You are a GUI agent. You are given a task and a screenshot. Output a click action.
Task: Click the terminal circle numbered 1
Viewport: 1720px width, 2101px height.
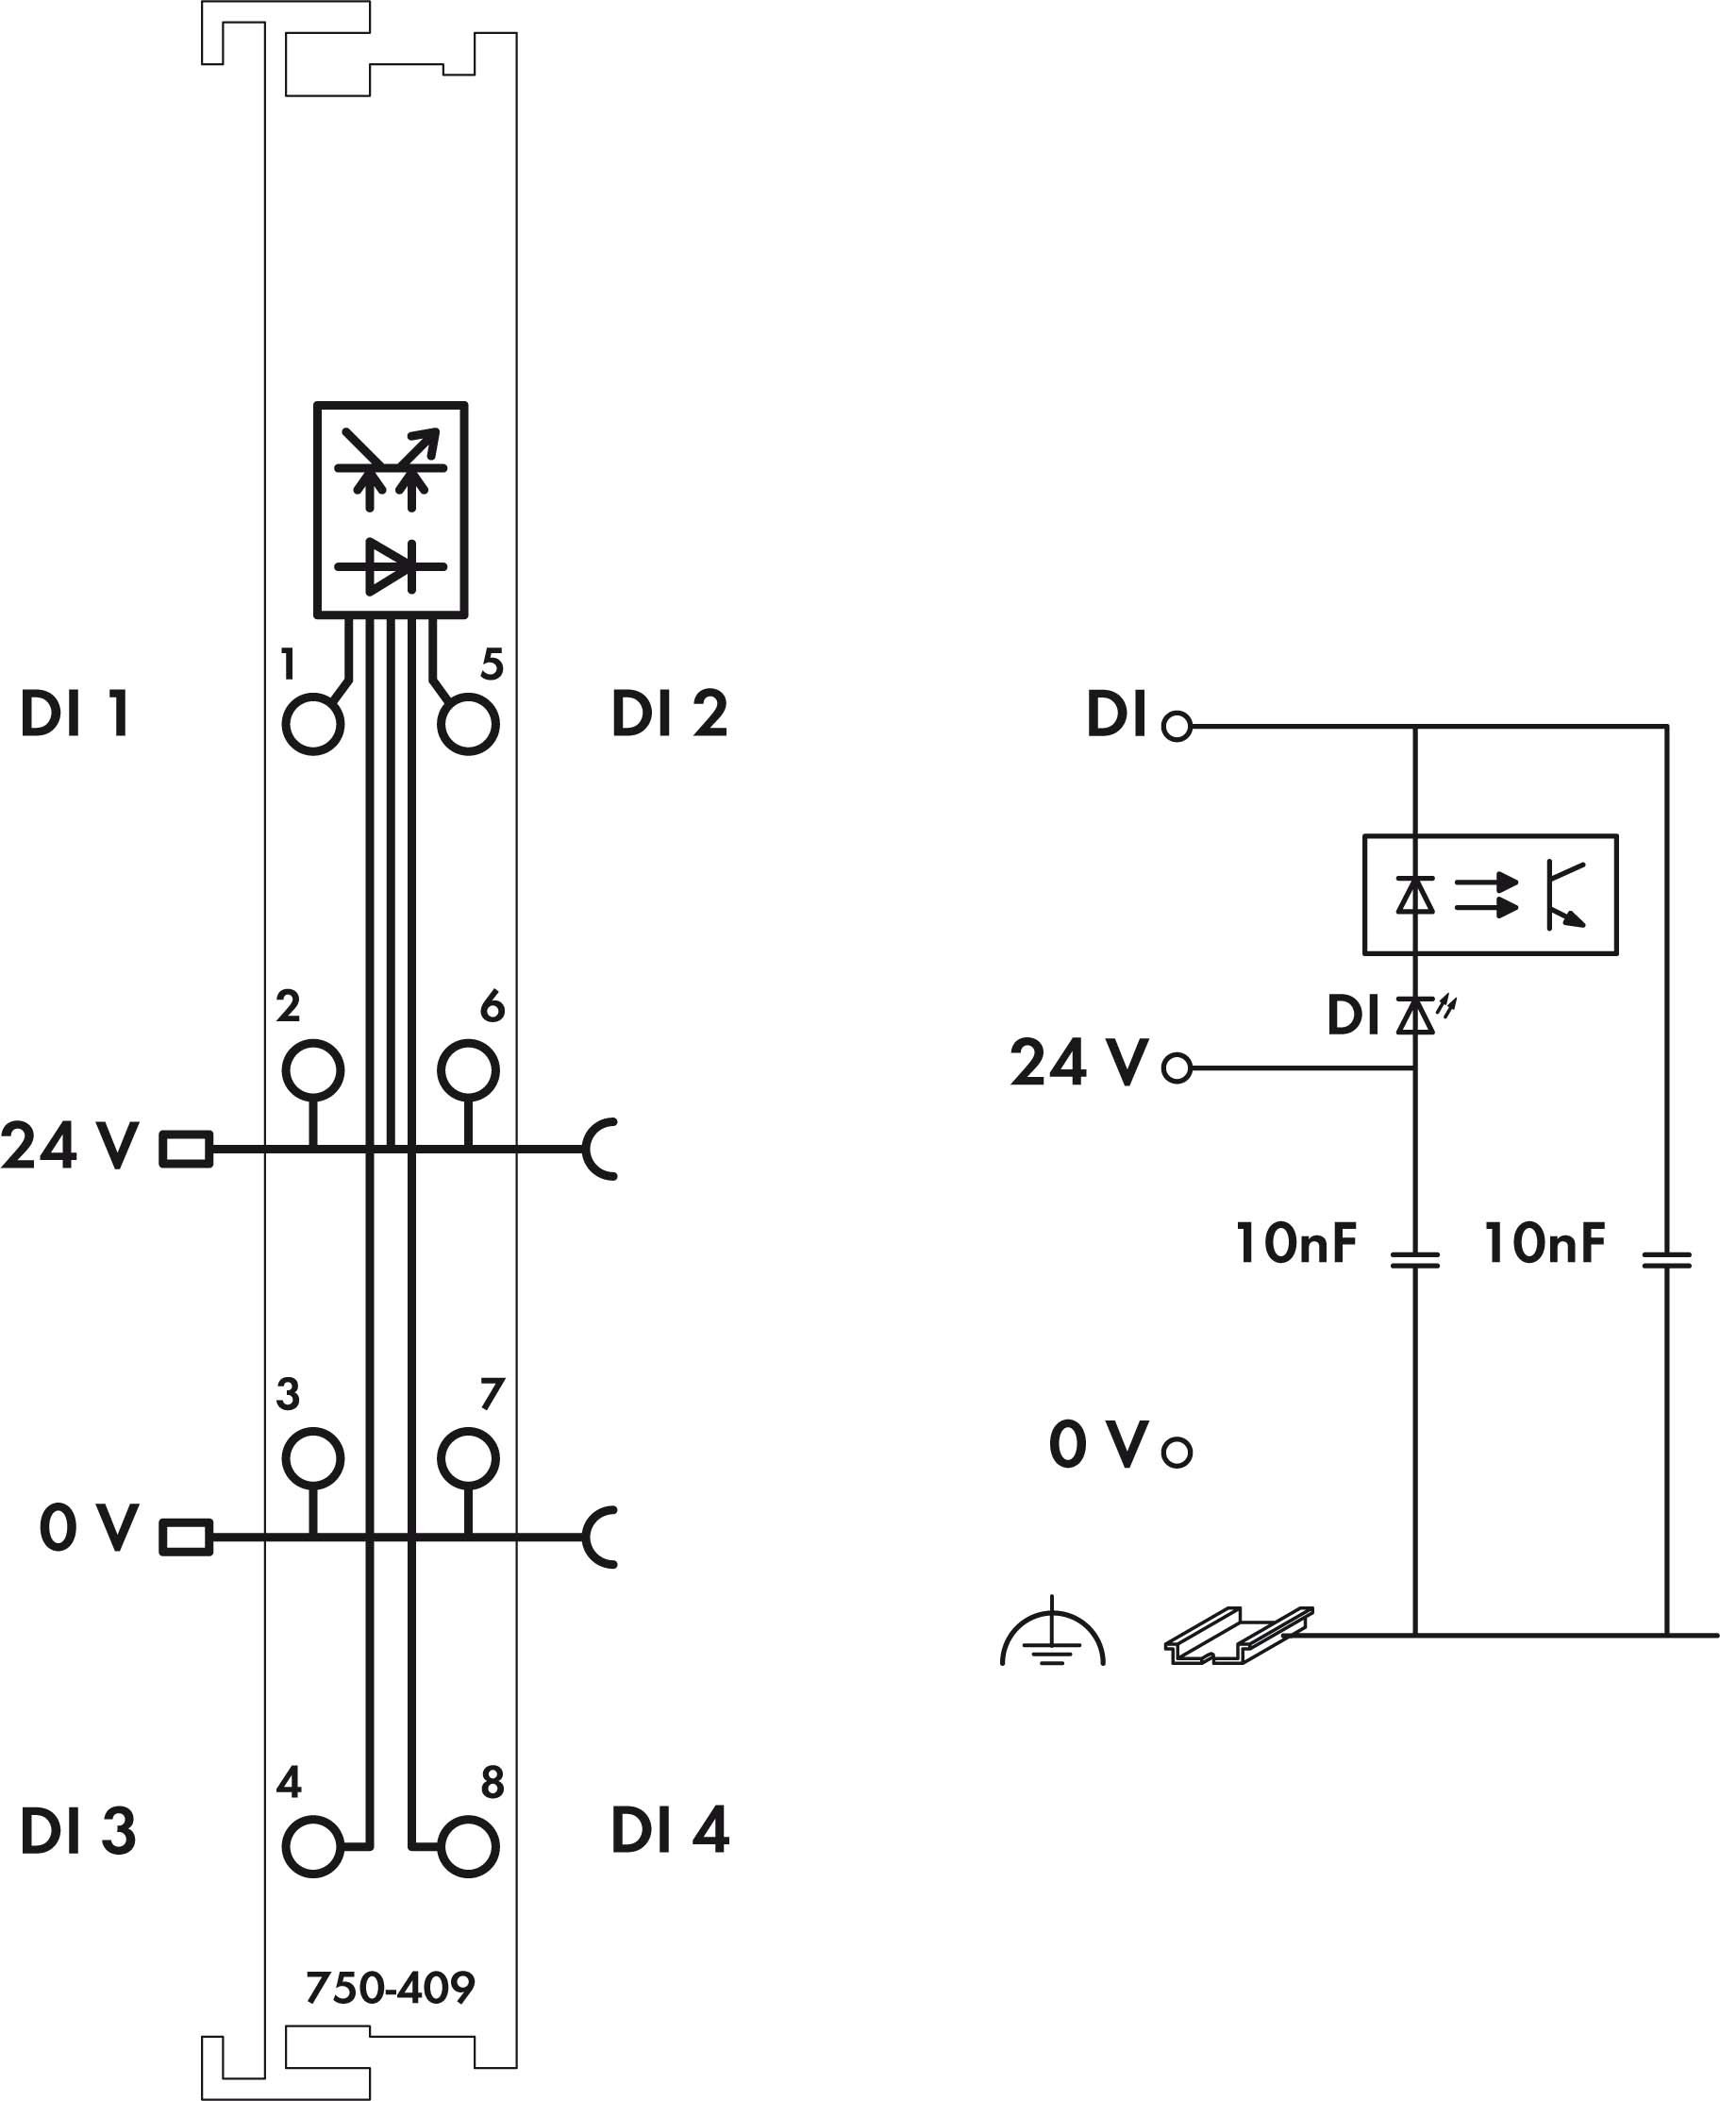click(313, 725)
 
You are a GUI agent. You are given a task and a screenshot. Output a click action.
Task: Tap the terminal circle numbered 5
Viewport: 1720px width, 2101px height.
click(468, 725)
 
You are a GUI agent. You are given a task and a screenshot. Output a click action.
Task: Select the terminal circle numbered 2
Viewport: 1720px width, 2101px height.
click(313, 1070)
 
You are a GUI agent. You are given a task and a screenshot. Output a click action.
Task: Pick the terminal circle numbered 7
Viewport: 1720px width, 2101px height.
click(468, 1459)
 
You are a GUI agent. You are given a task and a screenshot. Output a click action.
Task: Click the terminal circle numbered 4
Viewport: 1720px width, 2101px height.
click(313, 1847)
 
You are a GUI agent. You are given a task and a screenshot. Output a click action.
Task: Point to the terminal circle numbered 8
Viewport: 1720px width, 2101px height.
click(468, 1847)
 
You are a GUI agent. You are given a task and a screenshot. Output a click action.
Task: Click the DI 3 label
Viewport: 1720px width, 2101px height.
click(77, 1830)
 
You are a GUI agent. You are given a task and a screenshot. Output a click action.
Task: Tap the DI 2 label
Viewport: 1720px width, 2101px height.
click(670, 713)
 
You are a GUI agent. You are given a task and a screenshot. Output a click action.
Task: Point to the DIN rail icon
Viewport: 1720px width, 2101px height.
click(1239, 1634)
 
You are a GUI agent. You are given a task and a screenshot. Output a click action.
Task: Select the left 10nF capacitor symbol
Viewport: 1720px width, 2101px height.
click(1415, 1261)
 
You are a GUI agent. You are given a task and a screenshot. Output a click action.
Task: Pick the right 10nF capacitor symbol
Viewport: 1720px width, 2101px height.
click(1666, 1261)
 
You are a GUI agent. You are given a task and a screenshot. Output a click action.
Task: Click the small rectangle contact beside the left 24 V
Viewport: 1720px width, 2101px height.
click(185, 1149)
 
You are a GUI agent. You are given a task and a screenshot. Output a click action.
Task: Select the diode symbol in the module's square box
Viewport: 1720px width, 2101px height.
click(391, 567)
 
